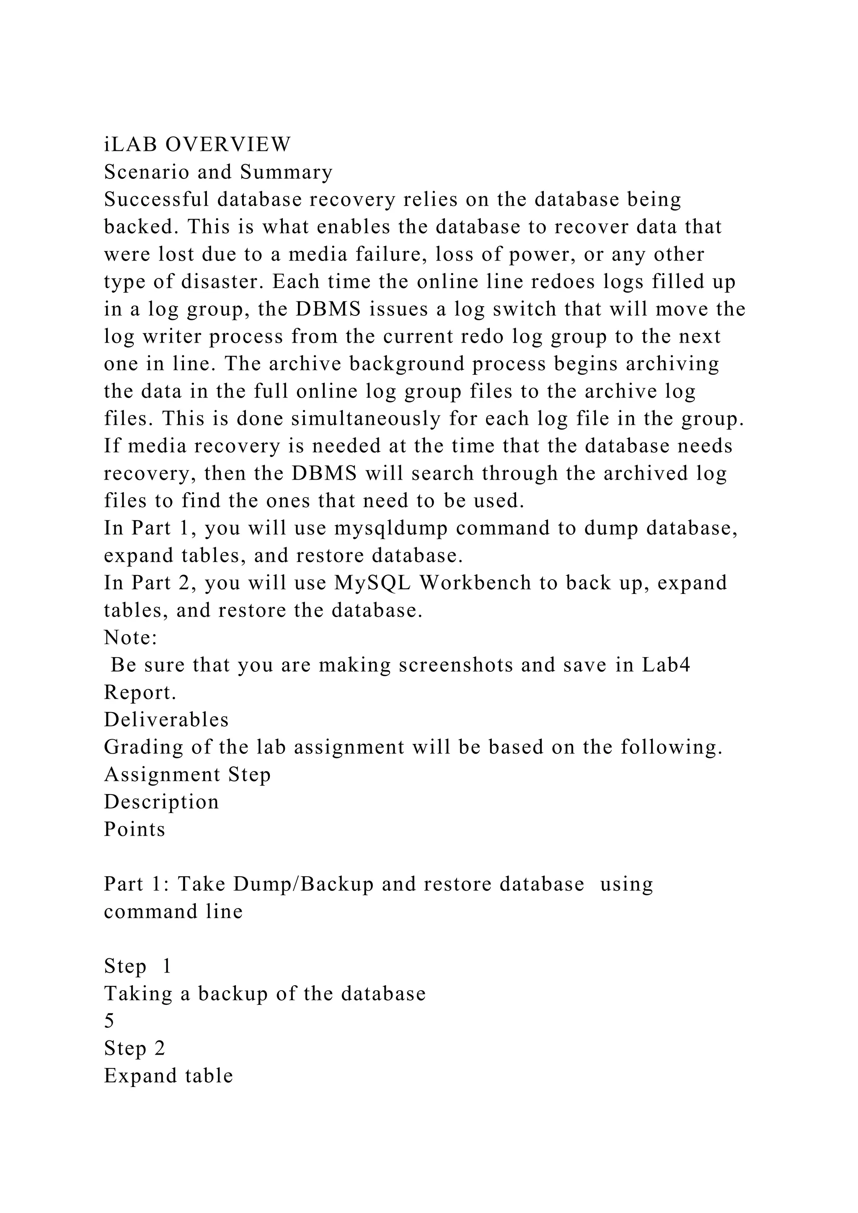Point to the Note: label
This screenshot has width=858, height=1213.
click(130, 637)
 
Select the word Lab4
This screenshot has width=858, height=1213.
click(666, 665)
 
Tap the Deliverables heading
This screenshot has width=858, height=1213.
click(166, 720)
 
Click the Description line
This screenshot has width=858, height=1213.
click(161, 802)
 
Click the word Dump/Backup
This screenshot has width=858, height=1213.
click(304, 884)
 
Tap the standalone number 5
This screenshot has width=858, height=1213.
click(109, 1021)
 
